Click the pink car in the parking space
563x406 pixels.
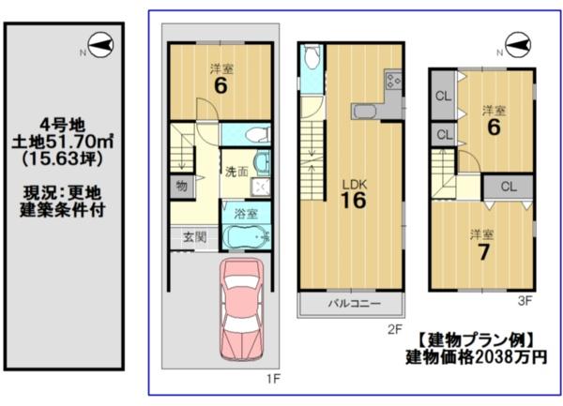pyautogui.click(x=241, y=309)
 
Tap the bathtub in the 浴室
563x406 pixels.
pyautogui.click(x=246, y=236)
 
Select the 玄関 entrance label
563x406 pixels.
pyautogui.click(x=194, y=237)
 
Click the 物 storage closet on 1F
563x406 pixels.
pyautogui.click(x=182, y=187)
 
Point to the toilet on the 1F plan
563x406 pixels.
pyautogui.click(x=256, y=135)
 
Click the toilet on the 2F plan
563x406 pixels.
pyautogui.click(x=312, y=56)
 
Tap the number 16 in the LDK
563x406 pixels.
pyautogui.click(x=354, y=201)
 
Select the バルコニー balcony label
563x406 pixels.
pyautogui.click(x=354, y=304)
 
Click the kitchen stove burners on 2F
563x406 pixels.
pyautogui.click(x=393, y=81)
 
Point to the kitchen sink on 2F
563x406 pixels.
pyautogui.click(x=364, y=112)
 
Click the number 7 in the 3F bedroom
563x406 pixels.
pyautogui.click(x=483, y=252)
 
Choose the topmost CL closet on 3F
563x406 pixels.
pyautogui.click(x=443, y=96)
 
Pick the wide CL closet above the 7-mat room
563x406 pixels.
pyautogui.click(x=508, y=187)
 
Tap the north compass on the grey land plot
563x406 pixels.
pyautogui.click(x=100, y=46)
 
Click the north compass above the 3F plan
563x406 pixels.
pyautogui.click(x=517, y=44)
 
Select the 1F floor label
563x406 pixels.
pyautogui.click(x=273, y=379)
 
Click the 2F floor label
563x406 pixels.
pyautogui.click(x=395, y=329)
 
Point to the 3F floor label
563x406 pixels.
pyautogui.click(x=525, y=301)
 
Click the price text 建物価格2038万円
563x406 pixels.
pyautogui.click(x=477, y=357)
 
